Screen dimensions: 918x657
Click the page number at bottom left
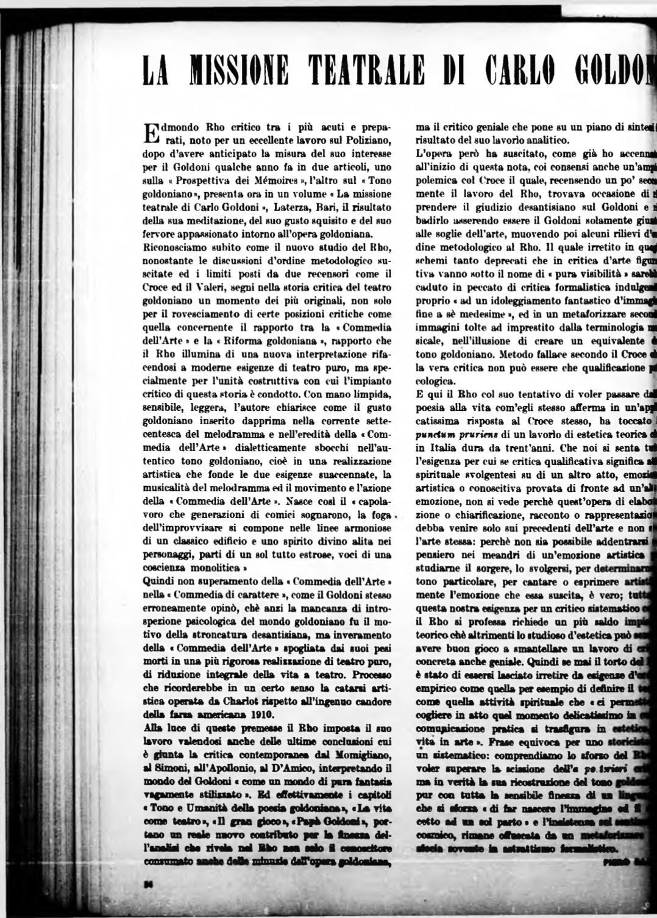(147, 885)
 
